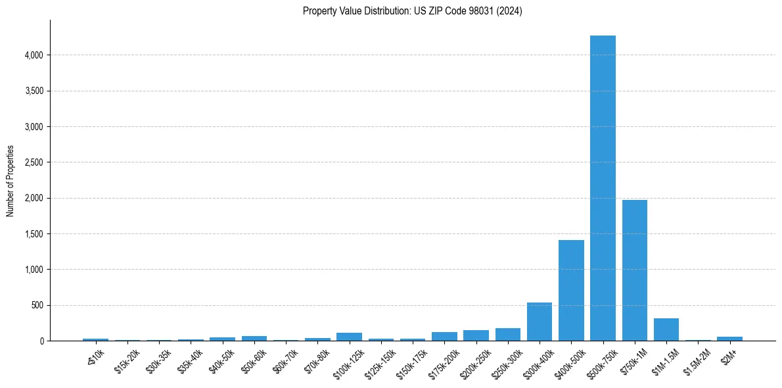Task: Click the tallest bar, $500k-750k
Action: [x=603, y=188]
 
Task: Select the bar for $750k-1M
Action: [x=635, y=270]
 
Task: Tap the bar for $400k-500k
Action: [x=571, y=290]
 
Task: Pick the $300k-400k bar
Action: [x=540, y=322]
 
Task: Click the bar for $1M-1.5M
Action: [x=666, y=329]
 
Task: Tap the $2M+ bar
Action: [x=729, y=339]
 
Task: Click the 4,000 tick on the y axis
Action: [x=32, y=55]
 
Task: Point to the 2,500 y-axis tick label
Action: [x=32, y=162]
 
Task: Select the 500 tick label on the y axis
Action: [x=37, y=305]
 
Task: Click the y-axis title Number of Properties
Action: [x=11, y=180]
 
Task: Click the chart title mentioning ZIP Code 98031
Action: [x=413, y=11]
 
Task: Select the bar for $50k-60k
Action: [x=254, y=338]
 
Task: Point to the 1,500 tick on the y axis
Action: [x=32, y=233]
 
